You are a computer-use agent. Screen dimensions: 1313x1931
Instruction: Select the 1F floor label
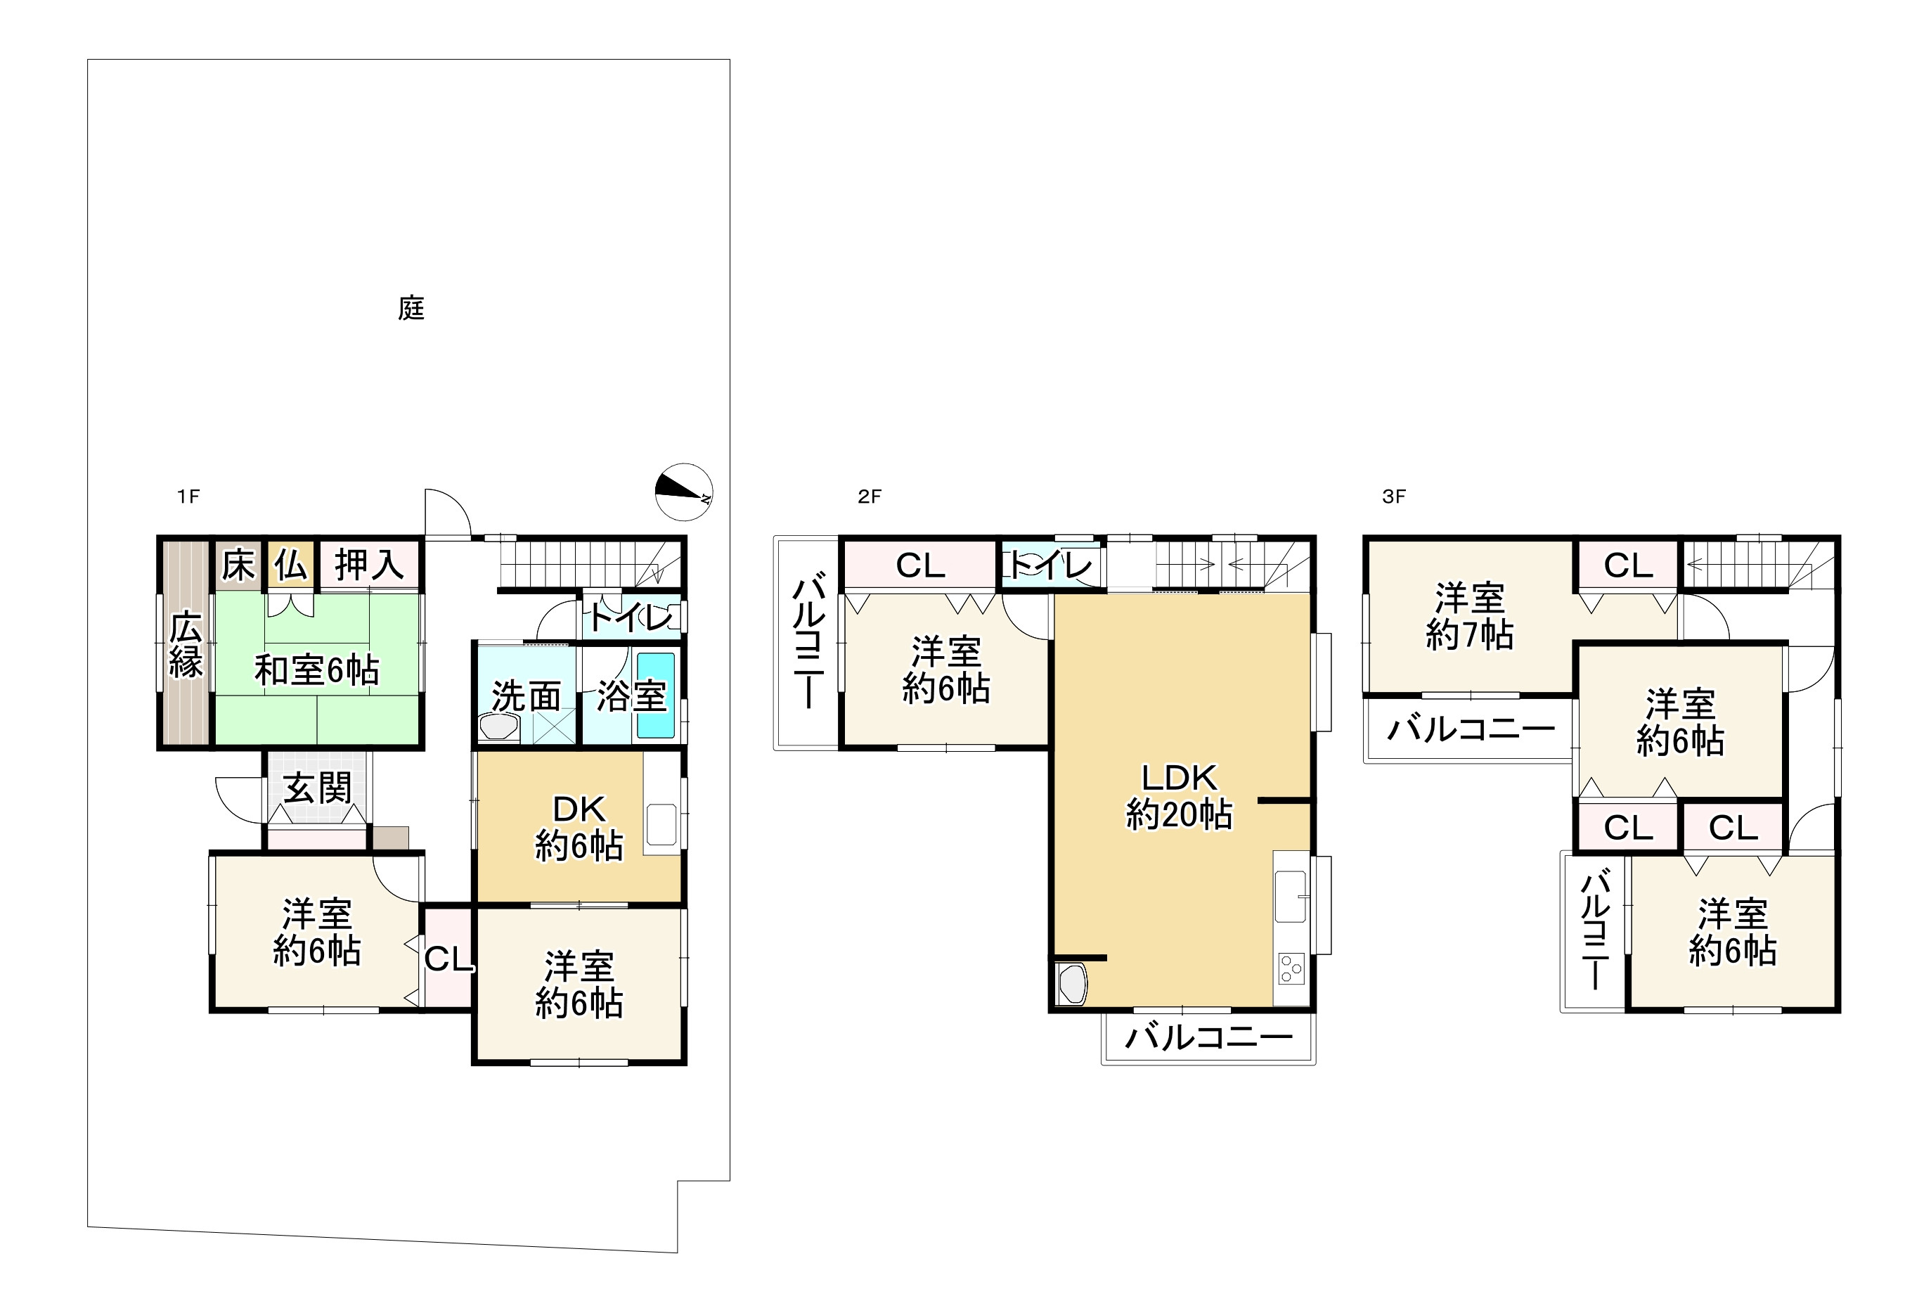click(x=188, y=497)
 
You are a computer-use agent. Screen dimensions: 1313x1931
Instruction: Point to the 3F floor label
click(x=1393, y=497)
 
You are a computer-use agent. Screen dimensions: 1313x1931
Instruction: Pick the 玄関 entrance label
click(x=318, y=788)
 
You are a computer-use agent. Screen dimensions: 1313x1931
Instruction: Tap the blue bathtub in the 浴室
click(x=656, y=695)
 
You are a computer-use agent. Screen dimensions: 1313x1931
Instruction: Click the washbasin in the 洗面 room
click(x=498, y=727)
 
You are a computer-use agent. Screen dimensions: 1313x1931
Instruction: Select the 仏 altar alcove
click(x=291, y=566)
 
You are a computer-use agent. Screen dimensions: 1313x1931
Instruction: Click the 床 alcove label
click(x=238, y=566)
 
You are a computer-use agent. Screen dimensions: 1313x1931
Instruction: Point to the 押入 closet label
click(x=369, y=566)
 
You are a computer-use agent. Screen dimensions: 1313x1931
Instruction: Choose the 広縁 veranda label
click(x=186, y=644)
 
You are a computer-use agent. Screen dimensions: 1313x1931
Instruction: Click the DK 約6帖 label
click(x=579, y=828)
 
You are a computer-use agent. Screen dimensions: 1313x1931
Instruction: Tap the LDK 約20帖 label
click(x=1179, y=795)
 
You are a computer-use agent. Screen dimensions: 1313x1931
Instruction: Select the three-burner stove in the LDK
click(x=1291, y=969)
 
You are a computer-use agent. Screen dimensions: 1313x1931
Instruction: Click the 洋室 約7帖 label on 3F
click(x=1469, y=617)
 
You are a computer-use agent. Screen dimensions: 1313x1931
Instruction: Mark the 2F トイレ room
click(x=1050, y=566)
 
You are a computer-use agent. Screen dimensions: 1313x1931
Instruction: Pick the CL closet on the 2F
click(x=919, y=566)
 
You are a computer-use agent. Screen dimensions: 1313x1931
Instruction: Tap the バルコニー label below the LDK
click(x=1209, y=1037)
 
